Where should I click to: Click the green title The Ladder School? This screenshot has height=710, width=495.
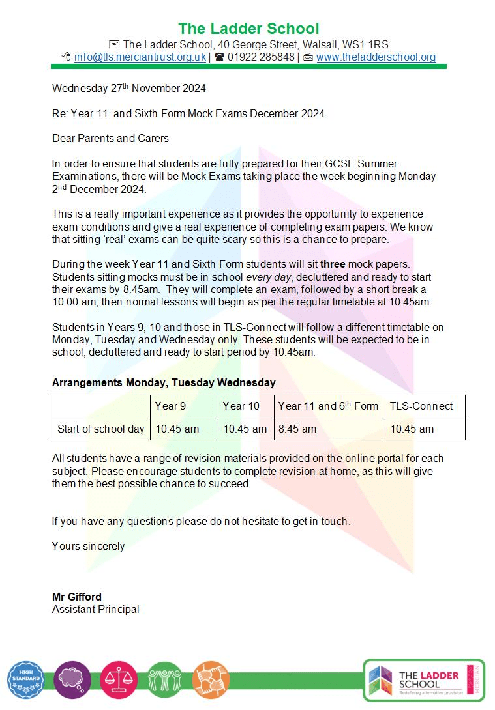248,29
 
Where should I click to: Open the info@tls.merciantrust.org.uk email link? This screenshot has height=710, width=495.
140,57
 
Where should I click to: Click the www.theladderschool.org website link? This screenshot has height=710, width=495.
376,57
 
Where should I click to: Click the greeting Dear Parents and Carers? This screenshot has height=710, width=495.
110,138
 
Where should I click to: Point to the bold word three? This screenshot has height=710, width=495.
333,264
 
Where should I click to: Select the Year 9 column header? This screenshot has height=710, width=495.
170,406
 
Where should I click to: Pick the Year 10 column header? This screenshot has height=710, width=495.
241,406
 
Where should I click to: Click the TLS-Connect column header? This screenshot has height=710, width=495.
421,406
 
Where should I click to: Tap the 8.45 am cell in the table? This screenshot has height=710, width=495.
297,429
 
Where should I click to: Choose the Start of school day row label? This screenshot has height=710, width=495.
100,429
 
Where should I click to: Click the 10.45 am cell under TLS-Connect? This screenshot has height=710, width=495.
412,429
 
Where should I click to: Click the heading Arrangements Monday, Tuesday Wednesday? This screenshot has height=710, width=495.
164,382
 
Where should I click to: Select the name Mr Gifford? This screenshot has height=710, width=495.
77,597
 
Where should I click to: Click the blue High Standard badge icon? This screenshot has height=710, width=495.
26,680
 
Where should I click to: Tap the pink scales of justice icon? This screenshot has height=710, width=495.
119,680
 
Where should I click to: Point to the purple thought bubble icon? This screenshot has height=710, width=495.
72,680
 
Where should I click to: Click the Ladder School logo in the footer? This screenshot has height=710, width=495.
424,679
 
